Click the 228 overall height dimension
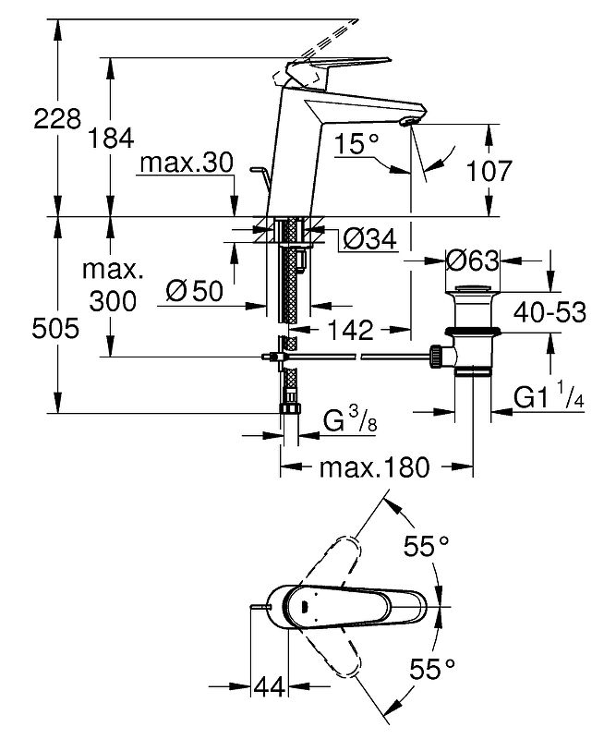click(57, 118)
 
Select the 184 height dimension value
click(111, 139)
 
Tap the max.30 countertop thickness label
click(187, 164)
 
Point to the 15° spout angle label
click(356, 143)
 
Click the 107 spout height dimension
click(489, 171)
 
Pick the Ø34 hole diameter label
click(369, 239)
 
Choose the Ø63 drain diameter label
click(472, 260)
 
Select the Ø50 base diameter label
click(195, 291)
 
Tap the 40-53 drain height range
click(550, 311)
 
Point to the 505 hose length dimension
click(55, 328)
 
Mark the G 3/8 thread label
click(350, 419)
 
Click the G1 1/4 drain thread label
click(549, 395)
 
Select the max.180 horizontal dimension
click(375, 467)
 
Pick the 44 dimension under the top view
click(270, 686)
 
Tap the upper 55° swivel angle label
click(426, 547)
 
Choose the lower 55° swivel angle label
click(432, 669)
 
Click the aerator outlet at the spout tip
click(407, 123)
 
